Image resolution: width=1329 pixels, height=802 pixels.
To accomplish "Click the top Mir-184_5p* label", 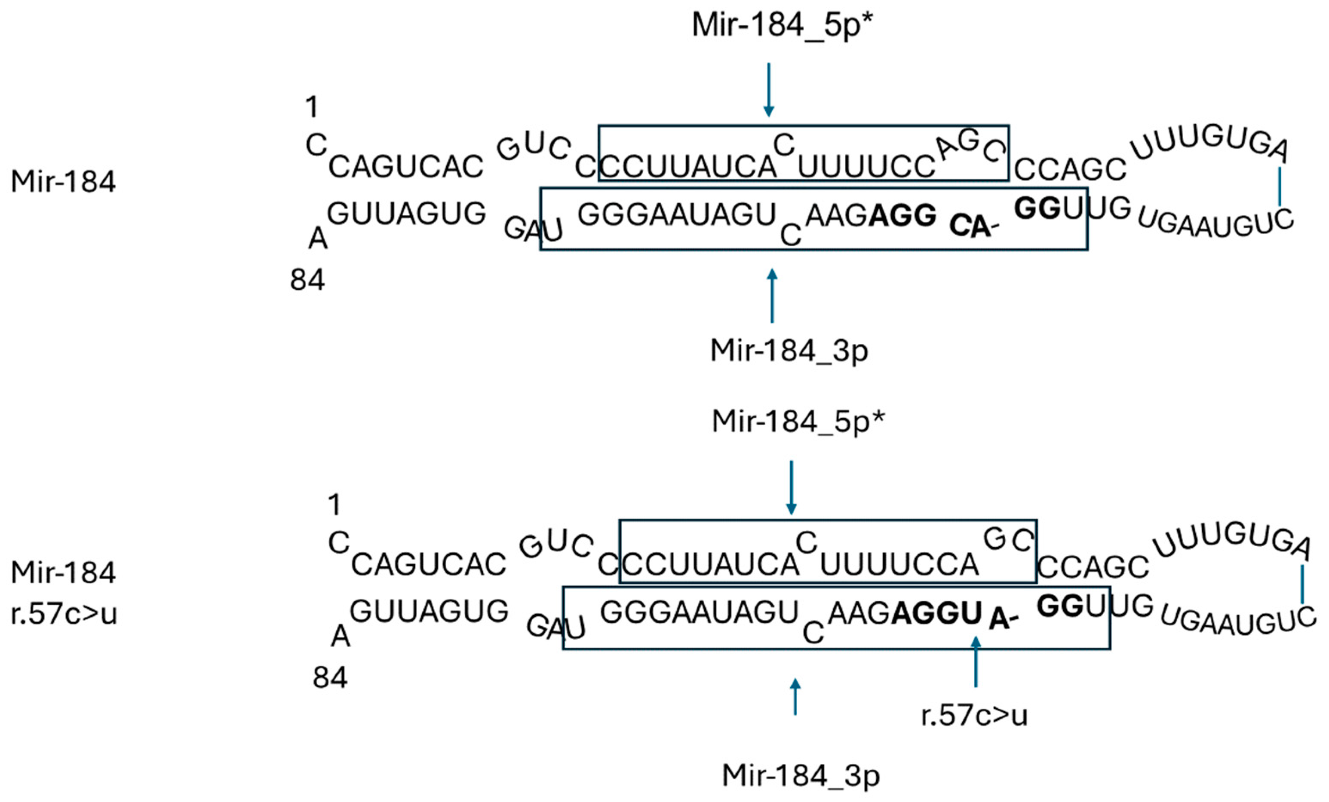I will (x=782, y=25).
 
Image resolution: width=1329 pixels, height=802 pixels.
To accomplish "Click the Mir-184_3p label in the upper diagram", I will (x=789, y=351).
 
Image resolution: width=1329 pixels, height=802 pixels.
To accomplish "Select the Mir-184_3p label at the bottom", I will (x=801, y=776).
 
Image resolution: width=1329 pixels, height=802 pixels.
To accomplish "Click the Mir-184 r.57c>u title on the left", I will (x=64, y=593).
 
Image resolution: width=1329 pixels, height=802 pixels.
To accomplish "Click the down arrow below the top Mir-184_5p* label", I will (x=769, y=89).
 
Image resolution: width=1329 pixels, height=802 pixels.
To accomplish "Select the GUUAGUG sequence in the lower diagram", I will (x=429, y=612).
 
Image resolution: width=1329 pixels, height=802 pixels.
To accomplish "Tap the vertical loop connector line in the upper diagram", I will (x=1280, y=187).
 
